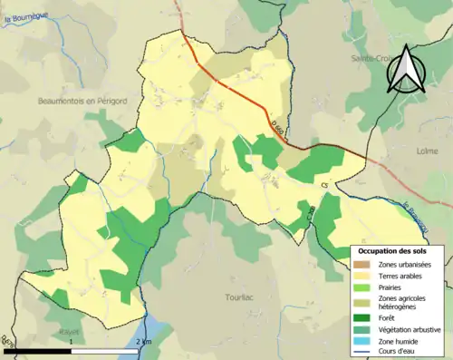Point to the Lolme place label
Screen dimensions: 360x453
coord(427,151)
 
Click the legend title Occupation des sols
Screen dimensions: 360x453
coord(394,250)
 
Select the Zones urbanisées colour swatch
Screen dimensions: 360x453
coord(362,264)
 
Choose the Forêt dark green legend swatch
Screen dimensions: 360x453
coord(362,318)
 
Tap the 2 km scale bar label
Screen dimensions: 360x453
coord(143,341)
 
